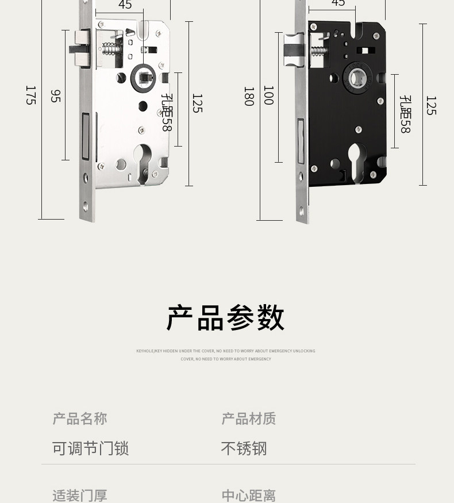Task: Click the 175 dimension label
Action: tap(30, 95)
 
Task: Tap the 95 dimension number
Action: tap(55, 96)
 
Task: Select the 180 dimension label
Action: tap(248, 96)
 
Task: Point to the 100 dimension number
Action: tap(268, 95)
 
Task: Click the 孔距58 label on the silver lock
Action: tap(167, 113)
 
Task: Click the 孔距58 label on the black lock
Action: tap(405, 114)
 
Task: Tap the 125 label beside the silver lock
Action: tap(197, 103)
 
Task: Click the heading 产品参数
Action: tap(226, 318)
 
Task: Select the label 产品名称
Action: tap(80, 418)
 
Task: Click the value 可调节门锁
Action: tap(90, 448)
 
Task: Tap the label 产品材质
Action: tap(249, 418)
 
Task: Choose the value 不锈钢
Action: tap(244, 448)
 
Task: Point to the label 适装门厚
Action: tap(80, 496)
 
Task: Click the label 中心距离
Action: tap(249, 496)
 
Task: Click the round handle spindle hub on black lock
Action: tap(356, 79)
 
